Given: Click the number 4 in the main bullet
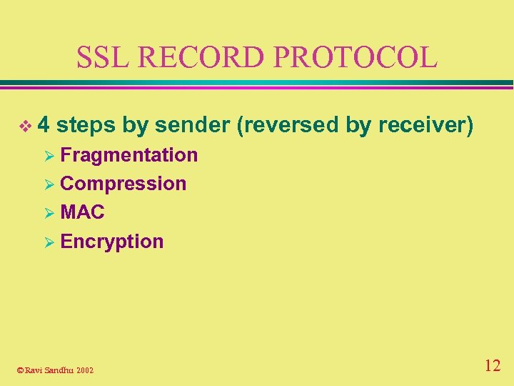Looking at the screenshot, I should [x=44, y=125].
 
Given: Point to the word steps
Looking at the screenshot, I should [x=86, y=125].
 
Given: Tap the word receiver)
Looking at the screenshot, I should [x=426, y=125].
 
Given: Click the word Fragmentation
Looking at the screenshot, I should [x=129, y=154].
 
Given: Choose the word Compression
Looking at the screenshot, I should [x=124, y=184].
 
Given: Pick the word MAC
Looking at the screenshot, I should [x=83, y=212].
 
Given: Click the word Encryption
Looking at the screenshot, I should [x=112, y=242].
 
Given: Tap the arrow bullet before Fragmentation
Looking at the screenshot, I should [x=49, y=155].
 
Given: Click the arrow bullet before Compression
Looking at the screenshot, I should [x=49, y=184].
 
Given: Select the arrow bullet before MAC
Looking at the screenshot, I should [x=49, y=213].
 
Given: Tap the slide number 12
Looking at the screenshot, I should [x=492, y=366].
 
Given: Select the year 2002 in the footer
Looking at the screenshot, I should [x=85, y=370].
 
